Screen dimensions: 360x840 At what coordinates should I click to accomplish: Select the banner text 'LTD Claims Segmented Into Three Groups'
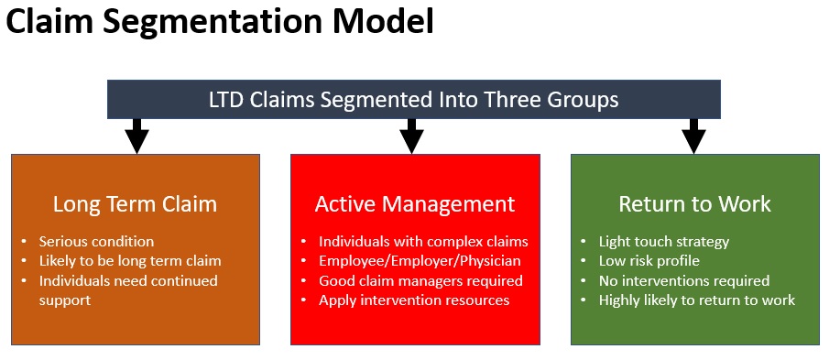click(x=414, y=99)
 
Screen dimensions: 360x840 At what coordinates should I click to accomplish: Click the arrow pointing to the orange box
click(x=136, y=136)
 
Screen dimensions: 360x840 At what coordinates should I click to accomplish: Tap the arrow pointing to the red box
click(x=412, y=136)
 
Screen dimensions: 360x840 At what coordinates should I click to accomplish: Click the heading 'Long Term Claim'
click(x=135, y=203)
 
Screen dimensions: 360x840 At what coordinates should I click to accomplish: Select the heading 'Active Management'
click(x=415, y=203)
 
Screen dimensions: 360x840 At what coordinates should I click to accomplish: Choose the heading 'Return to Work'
click(x=694, y=203)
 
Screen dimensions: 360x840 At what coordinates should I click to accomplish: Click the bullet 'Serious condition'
click(x=96, y=242)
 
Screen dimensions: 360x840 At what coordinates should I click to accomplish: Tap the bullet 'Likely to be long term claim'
click(x=130, y=261)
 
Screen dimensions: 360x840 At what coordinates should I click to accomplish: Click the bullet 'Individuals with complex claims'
click(x=423, y=242)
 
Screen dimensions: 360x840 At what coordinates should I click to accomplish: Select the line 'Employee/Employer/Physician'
click(x=420, y=261)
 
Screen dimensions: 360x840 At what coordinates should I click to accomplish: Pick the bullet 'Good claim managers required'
click(x=420, y=280)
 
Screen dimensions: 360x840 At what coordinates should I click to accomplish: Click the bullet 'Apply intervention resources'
click(x=414, y=300)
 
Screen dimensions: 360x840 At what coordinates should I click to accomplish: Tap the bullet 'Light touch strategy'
click(x=664, y=242)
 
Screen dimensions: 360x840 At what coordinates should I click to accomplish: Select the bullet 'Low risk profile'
click(x=649, y=261)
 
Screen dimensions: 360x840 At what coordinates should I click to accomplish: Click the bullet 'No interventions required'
click(x=684, y=280)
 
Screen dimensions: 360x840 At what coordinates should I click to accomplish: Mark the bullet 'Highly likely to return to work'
click(x=697, y=300)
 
